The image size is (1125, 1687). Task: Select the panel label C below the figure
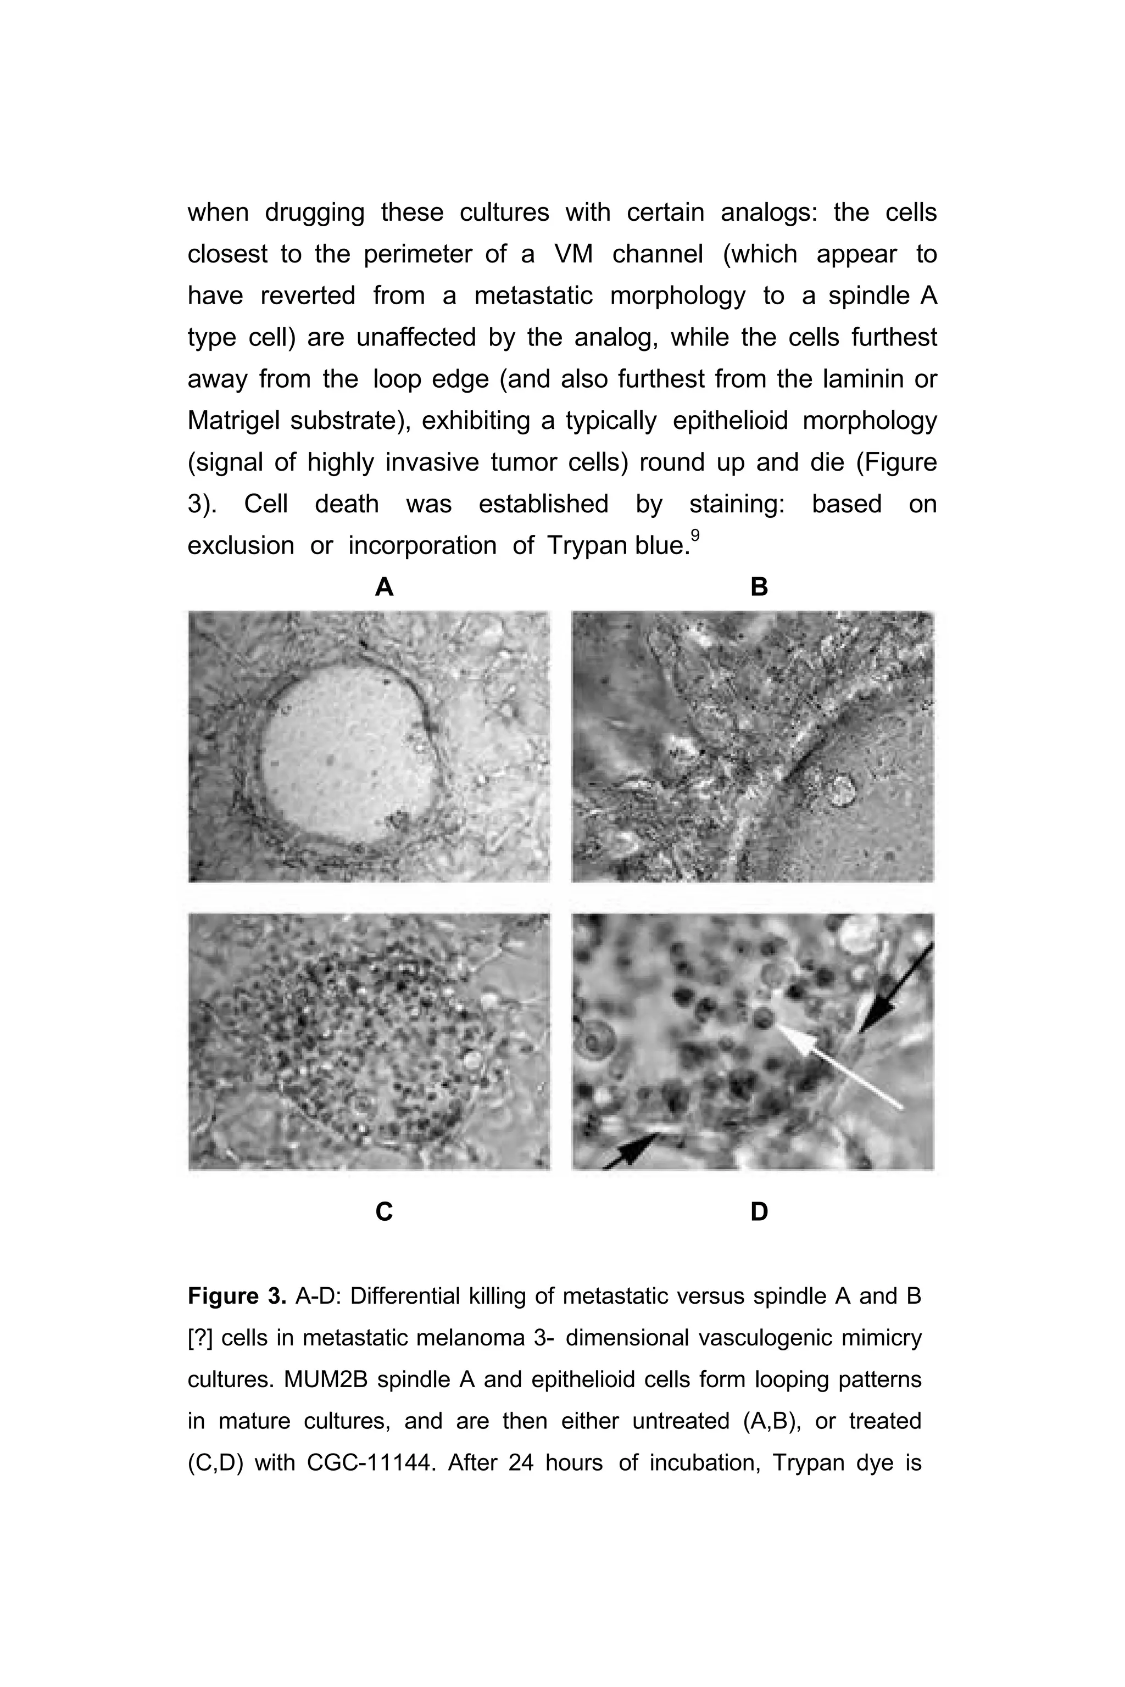click(x=384, y=1211)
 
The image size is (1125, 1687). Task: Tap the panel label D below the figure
click(x=759, y=1211)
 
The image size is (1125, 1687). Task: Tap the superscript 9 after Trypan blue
click(x=694, y=535)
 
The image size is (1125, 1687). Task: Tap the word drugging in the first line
click(x=314, y=213)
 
